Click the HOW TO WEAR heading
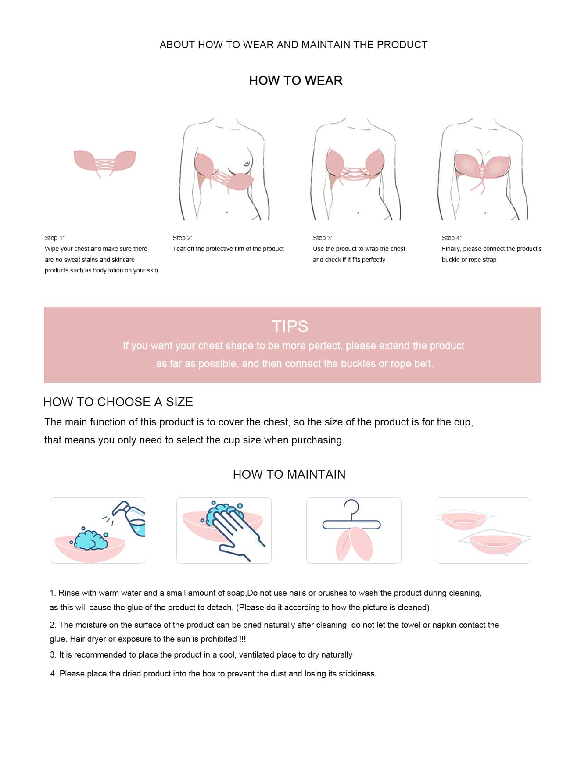tap(295, 81)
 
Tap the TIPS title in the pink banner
tap(290, 326)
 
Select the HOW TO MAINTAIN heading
tap(289, 474)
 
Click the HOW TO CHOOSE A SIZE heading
tap(118, 402)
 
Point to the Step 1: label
tap(54, 238)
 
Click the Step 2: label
tap(182, 238)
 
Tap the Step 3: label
tap(323, 238)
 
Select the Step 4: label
tap(452, 238)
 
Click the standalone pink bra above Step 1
tap(104, 161)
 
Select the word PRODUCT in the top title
tap(402, 45)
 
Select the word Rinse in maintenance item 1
tap(68, 593)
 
